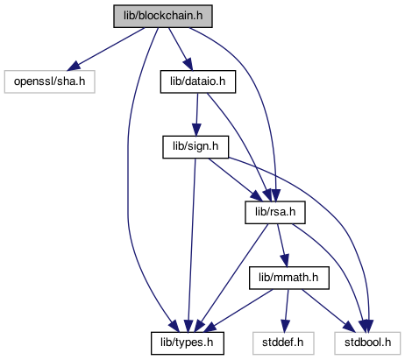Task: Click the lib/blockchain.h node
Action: click(x=163, y=16)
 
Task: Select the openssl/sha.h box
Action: click(x=50, y=81)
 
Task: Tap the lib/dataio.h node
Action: click(x=198, y=81)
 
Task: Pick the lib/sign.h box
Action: click(x=195, y=147)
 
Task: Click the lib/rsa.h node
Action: click(x=275, y=212)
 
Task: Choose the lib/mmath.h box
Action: click(x=289, y=278)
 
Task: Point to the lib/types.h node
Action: click(x=188, y=343)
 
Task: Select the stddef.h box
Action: click(x=283, y=343)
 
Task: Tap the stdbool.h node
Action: click(x=367, y=343)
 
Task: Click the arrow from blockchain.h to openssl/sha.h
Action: click(x=105, y=49)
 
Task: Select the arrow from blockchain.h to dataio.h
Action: click(x=181, y=49)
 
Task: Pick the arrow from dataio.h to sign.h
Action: click(x=197, y=115)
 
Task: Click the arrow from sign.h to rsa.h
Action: click(x=234, y=180)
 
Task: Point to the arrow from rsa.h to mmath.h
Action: click(x=283, y=245)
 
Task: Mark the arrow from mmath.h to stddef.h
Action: click(x=287, y=311)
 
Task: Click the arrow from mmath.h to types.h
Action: click(x=238, y=311)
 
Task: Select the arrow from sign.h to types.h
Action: click(x=191, y=245)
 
